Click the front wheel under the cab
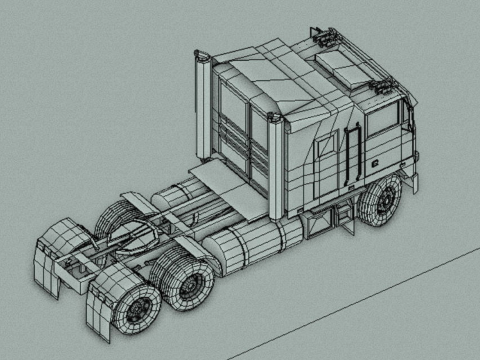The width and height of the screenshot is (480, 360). tap(382, 201)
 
